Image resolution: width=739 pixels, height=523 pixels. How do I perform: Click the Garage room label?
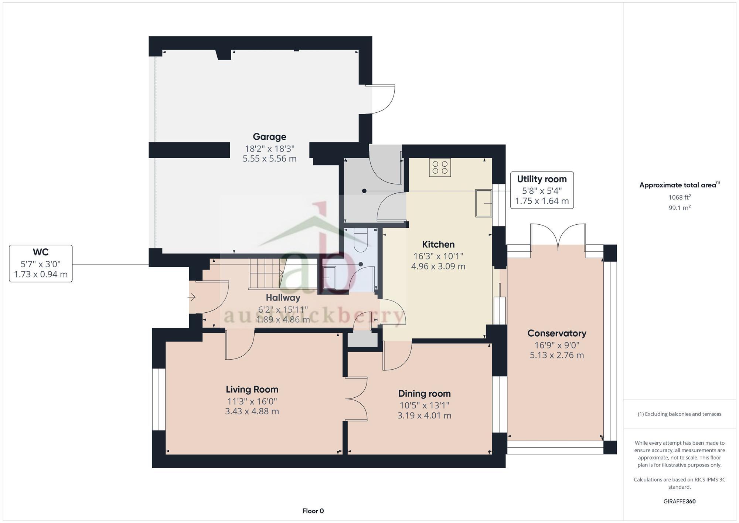coord(269,137)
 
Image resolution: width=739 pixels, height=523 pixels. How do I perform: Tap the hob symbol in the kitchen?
coord(440,167)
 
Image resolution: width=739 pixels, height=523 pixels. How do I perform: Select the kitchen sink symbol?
coord(483,203)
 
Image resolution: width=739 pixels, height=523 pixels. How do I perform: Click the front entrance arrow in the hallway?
coord(191,297)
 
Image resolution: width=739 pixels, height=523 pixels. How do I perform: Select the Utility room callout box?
coord(542,190)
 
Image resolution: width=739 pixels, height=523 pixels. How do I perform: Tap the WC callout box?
coord(41,263)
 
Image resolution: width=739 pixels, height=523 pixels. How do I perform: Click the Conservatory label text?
coord(556,333)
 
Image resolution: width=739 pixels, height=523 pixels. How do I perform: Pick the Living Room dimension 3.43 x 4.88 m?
coord(252,411)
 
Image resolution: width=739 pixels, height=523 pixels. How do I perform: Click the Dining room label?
coord(424,394)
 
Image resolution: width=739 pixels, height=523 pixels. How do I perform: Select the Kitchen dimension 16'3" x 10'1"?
coord(438,256)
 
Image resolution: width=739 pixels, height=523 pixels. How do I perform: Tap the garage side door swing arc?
coord(384,99)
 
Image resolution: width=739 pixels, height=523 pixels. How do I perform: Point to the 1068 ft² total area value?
coord(679,197)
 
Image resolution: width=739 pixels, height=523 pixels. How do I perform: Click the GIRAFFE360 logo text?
coord(679,502)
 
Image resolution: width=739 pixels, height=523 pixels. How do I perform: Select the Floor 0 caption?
coord(313,511)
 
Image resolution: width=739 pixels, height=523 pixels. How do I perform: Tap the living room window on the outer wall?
coord(159,399)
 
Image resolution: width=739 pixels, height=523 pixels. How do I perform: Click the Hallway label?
coord(283,298)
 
